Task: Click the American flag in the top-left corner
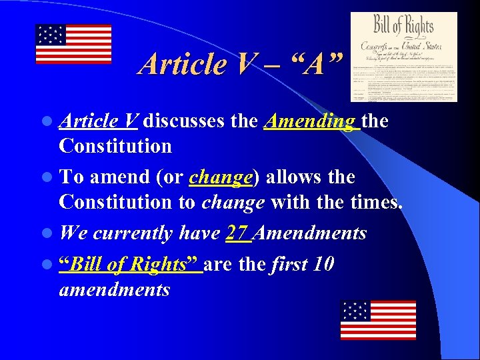coord(73,44)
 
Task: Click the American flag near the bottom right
coord(378,320)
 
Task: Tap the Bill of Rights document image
coord(404,57)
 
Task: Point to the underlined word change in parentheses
coord(221,177)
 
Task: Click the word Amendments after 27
coord(311,233)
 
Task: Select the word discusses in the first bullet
coord(183,122)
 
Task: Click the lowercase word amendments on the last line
coord(114,289)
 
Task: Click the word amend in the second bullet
coord(117,177)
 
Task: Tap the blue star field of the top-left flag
coord(50,34)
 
